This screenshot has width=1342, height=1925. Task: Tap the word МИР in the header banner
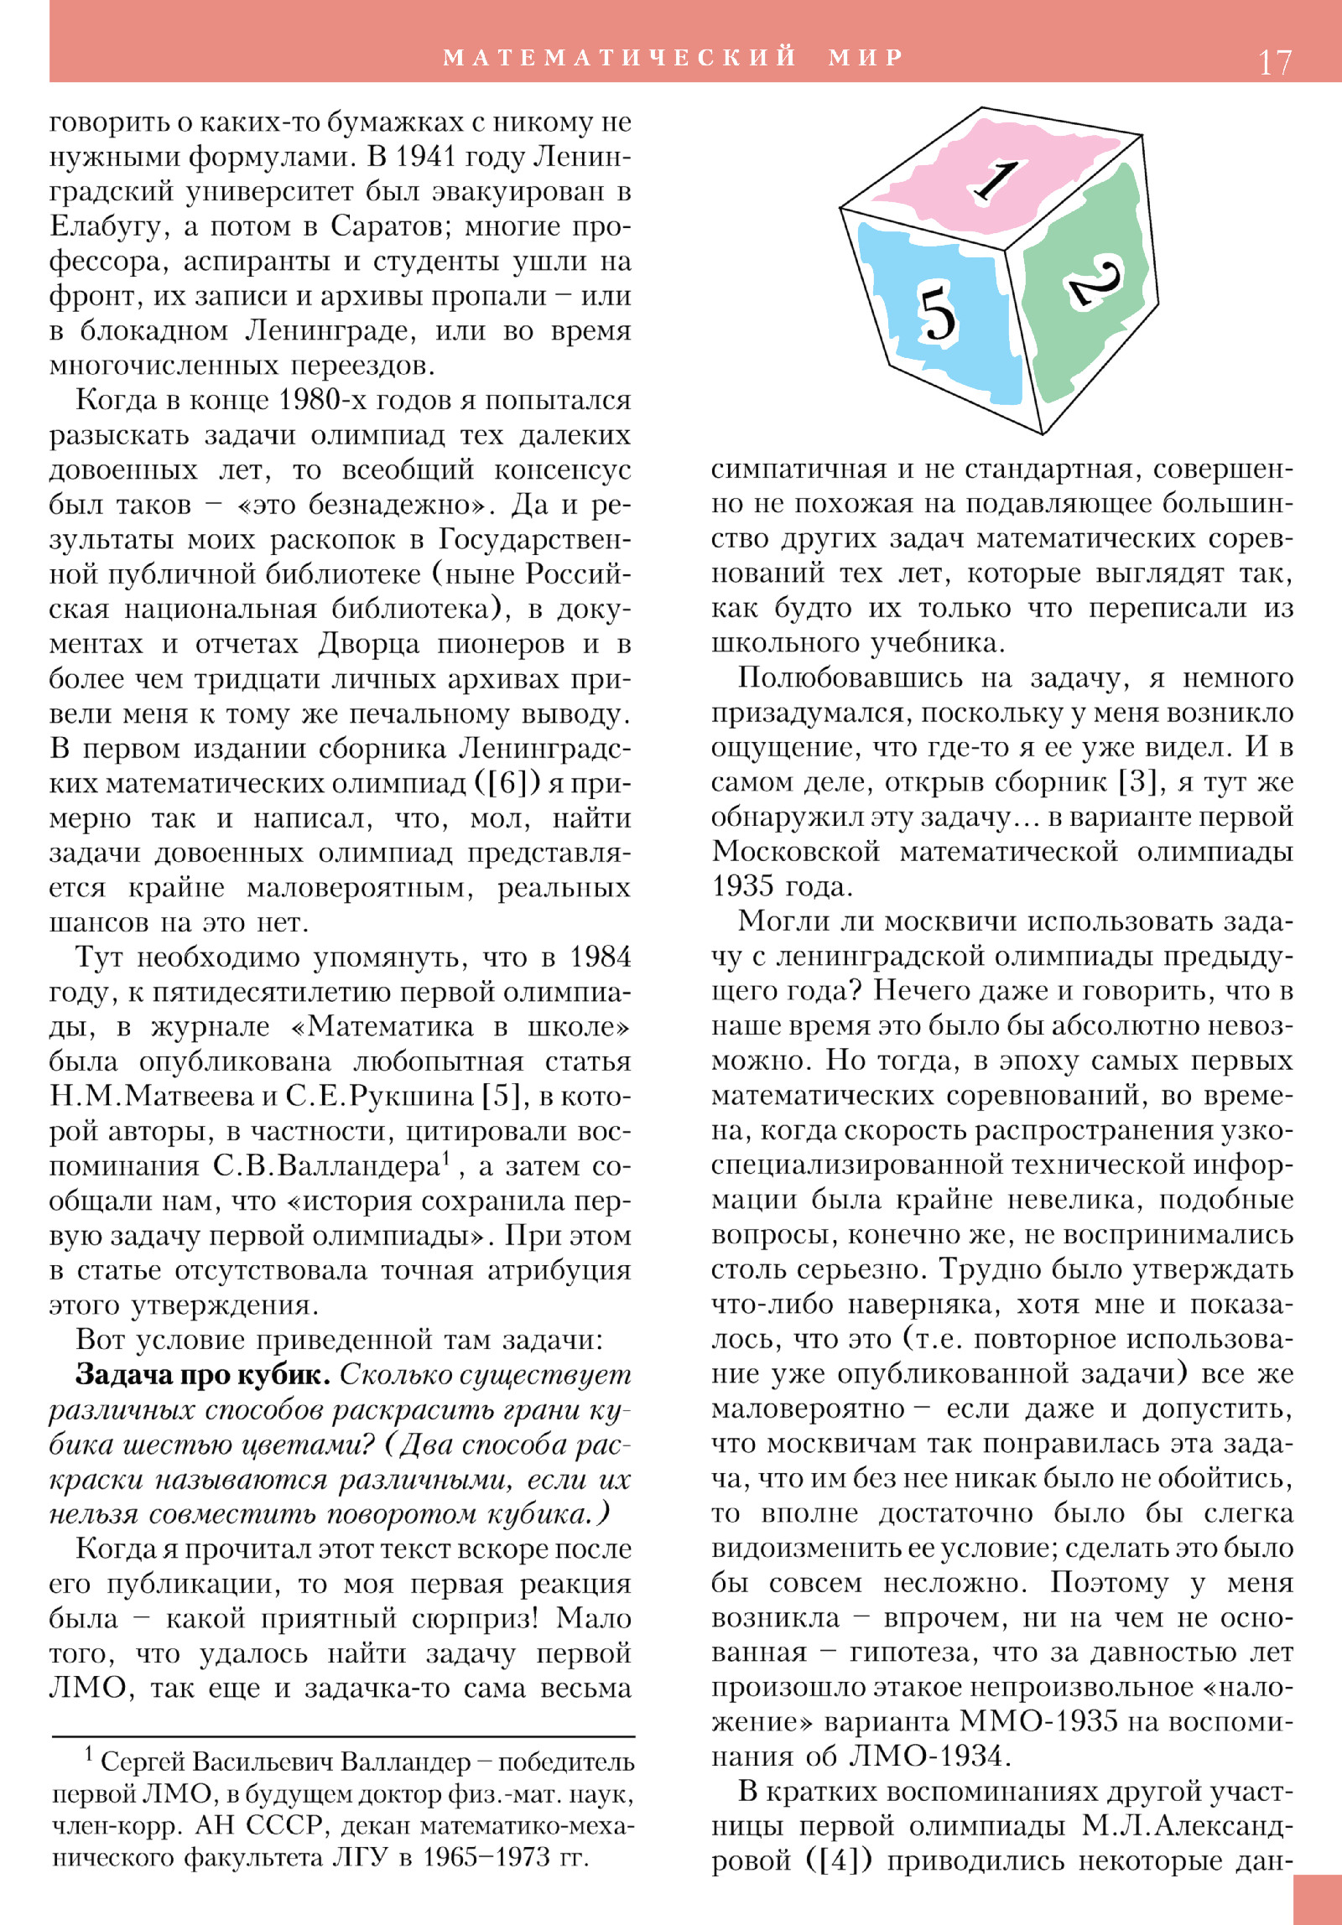click(x=866, y=57)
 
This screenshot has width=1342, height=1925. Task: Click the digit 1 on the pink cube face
click(x=996, y=180)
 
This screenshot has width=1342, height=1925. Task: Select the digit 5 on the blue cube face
click(x=937, y=313)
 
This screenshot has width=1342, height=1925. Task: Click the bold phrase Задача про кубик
click(x=203, y=1375)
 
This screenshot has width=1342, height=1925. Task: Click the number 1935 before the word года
click(x=743, y=887)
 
